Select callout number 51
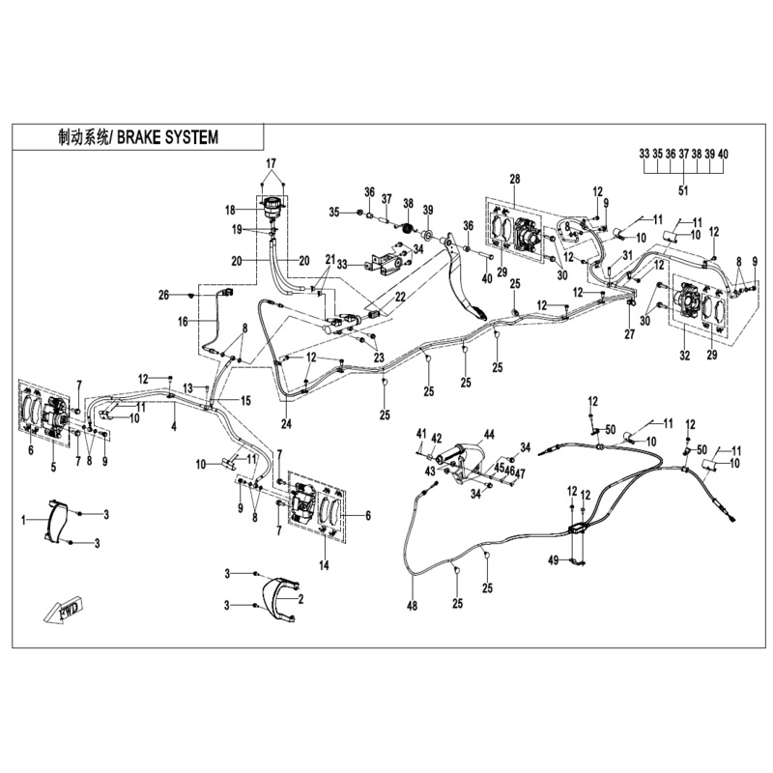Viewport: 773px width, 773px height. [x=683, y=190]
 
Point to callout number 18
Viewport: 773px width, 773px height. [x=231, y=210]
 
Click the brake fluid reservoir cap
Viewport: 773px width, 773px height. [x=272, y=204]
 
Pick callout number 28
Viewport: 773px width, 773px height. [x=515, y=180]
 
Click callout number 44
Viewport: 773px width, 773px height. [x=489, y=436]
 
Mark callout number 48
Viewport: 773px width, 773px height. [x=414, y=607]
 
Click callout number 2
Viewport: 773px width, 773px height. [x=301, y=600]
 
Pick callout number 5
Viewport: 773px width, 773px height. [x=53, y=467]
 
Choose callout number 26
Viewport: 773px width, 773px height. [x=164, y=294]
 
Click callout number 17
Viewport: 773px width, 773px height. [x=272, y=161]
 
